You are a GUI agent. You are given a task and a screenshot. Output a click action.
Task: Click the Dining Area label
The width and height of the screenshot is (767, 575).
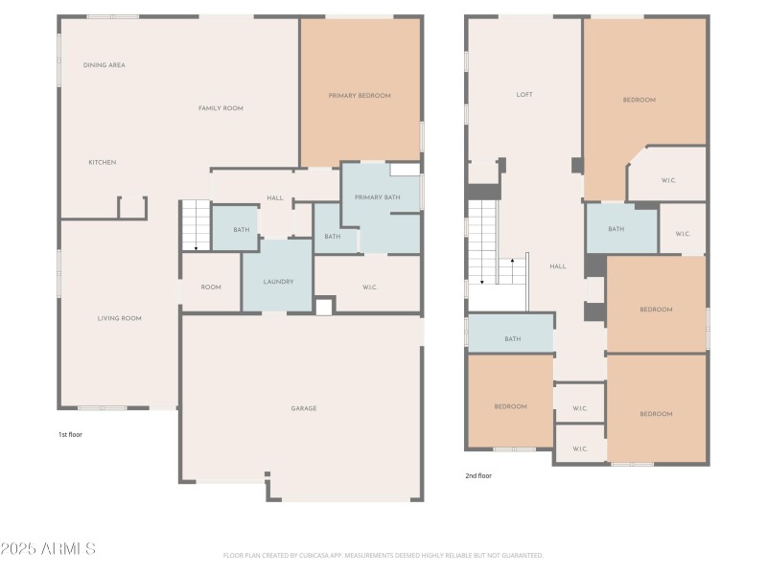105,65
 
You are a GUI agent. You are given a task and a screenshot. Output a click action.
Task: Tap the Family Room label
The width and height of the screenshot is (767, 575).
221,108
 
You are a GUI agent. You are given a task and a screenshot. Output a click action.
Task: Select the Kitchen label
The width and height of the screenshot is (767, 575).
103,162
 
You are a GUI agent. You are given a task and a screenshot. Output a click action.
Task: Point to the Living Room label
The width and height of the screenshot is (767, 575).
120,318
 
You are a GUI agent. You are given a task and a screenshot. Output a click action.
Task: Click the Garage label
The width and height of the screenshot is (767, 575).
304,408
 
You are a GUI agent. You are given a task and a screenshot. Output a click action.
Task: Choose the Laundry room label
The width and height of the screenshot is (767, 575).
278,282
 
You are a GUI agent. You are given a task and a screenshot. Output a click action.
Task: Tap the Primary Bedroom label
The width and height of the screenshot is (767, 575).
360,96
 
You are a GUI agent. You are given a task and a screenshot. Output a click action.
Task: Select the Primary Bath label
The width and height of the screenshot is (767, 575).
375,197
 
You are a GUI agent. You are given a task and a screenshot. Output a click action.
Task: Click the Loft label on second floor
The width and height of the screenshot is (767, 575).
524,95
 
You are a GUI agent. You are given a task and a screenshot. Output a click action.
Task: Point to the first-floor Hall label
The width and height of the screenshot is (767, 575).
275,198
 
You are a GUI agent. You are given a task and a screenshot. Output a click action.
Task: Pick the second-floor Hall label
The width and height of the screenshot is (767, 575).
558,266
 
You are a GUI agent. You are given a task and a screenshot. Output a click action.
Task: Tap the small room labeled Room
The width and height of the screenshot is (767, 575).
211,287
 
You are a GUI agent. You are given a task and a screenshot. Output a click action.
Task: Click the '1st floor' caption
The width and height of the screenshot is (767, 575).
71,434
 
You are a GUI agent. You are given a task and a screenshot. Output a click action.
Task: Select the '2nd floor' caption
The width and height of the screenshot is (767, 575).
478,475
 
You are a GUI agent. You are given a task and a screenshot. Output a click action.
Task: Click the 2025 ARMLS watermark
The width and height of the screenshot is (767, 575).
48,549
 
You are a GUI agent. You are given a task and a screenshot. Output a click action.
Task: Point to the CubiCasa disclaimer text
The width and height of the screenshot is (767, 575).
383,555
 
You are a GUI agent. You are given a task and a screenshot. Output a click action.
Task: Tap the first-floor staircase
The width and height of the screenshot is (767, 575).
196,226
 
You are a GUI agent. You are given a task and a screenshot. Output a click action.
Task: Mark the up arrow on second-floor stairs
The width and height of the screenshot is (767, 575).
512,260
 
